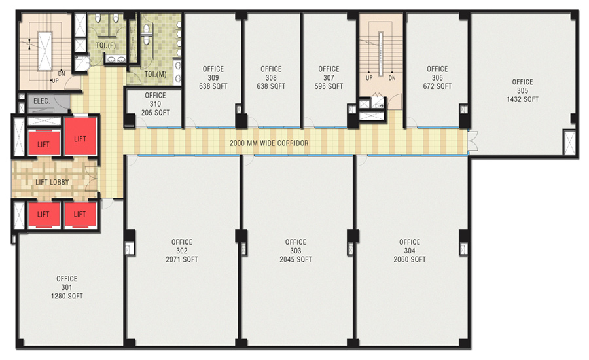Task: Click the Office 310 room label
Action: [155, 99]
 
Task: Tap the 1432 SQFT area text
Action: [522, 99]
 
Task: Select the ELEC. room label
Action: [42, 101]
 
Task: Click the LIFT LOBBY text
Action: [52, 182]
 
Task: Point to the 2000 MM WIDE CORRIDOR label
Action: [269, 143]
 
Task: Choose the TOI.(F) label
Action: [105, 45]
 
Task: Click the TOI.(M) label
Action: [156, 75]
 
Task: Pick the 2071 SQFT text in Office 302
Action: [182, 259]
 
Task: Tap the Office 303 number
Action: [296, 251]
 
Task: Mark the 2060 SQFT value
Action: [410, 259]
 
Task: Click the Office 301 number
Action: [67, 287]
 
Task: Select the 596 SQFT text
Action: [329, 86]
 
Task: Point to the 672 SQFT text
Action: [437, 86]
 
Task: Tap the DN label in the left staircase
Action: [62, 74]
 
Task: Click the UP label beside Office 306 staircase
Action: [369, 78]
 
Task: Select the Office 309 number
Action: [213, 78]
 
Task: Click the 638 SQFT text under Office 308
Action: [271, 86]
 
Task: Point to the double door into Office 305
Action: [472, 141]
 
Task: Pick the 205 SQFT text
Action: [155, 113]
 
